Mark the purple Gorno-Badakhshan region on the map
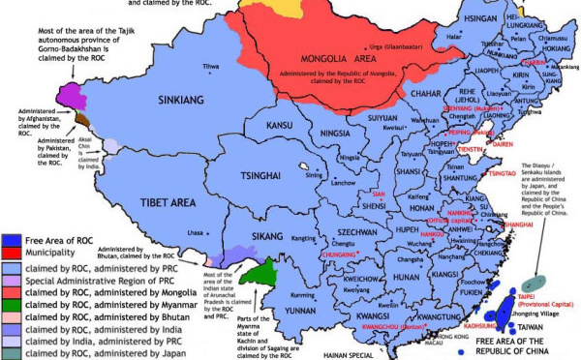[68, 95]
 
